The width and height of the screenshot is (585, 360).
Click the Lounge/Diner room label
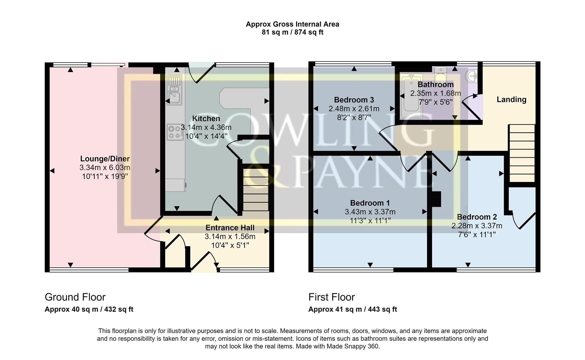coord(105,159)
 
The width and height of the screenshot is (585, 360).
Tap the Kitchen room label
coord(206,119)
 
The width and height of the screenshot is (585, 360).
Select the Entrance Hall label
coord(230,228)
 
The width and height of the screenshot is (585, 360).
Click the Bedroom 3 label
coord(354,100)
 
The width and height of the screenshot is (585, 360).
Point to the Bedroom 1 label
coord(370,203)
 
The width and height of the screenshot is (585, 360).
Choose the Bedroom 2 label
coord(477,217)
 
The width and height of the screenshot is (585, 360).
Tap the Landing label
coord(511,99)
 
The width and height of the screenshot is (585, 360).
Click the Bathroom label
coord(435,84)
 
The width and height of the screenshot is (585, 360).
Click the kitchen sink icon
coord(174,90)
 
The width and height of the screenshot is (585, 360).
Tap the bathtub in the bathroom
coord(412,96)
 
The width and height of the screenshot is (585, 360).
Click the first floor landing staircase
coord(522,153)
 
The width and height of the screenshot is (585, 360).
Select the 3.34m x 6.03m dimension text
coord(105,168)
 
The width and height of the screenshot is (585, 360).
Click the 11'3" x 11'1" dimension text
coord(370,220)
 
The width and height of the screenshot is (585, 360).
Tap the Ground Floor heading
coord(75,297)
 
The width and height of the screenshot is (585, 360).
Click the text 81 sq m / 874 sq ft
coord(292,32)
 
